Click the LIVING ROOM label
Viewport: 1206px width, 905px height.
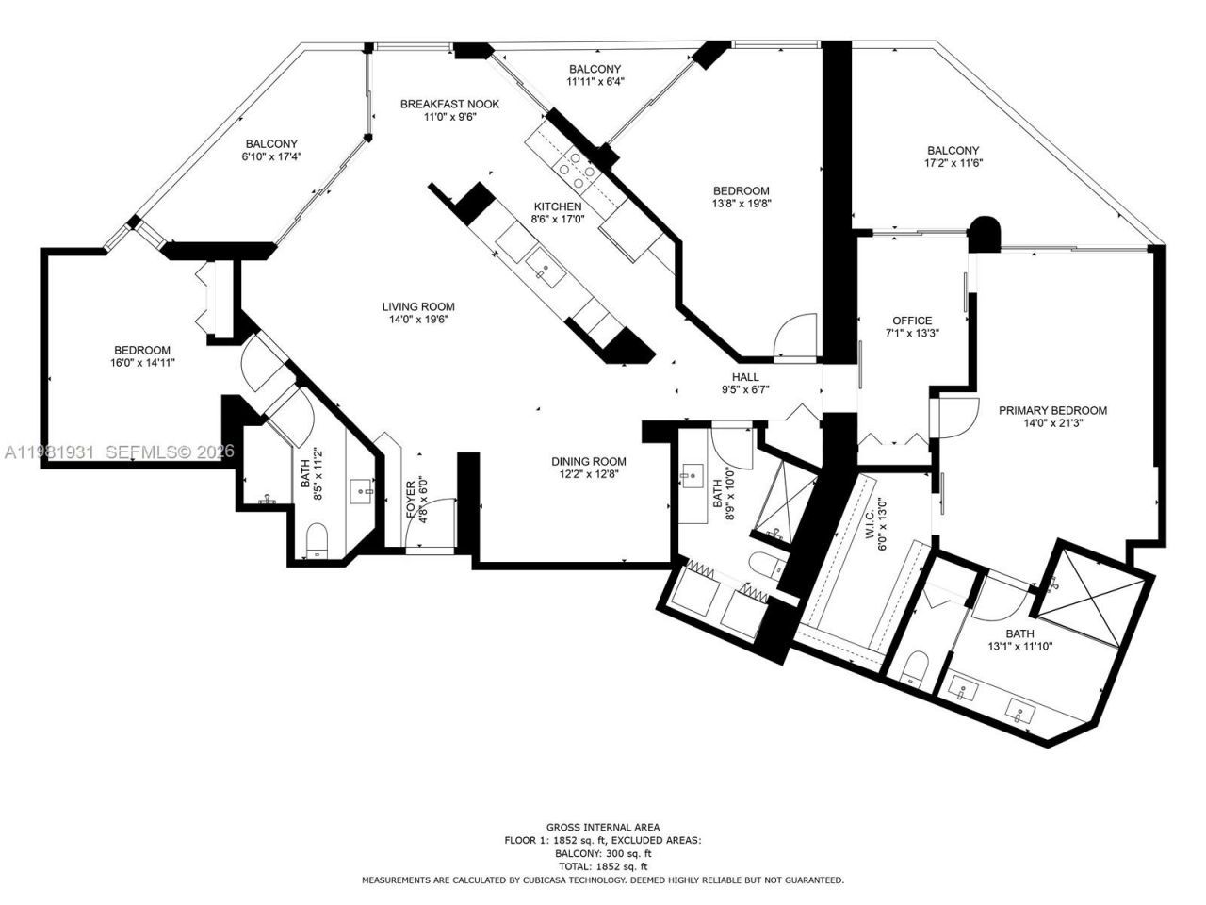[418, 306]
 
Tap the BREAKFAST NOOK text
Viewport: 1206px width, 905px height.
[449, 104]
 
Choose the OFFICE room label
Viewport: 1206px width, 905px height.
[912, 321]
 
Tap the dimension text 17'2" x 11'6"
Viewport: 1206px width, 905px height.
[953, 163]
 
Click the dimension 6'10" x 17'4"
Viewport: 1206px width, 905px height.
[271, 156]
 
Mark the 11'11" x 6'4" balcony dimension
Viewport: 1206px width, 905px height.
[595, 82]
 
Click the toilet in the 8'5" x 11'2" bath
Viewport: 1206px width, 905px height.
[317, 541]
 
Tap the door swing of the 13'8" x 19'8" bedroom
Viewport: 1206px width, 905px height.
[797, 336]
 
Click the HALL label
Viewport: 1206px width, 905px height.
[745, 377]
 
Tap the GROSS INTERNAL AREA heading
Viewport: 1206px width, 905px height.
[603, 827]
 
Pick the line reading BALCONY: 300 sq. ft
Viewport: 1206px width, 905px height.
[603, 852]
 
